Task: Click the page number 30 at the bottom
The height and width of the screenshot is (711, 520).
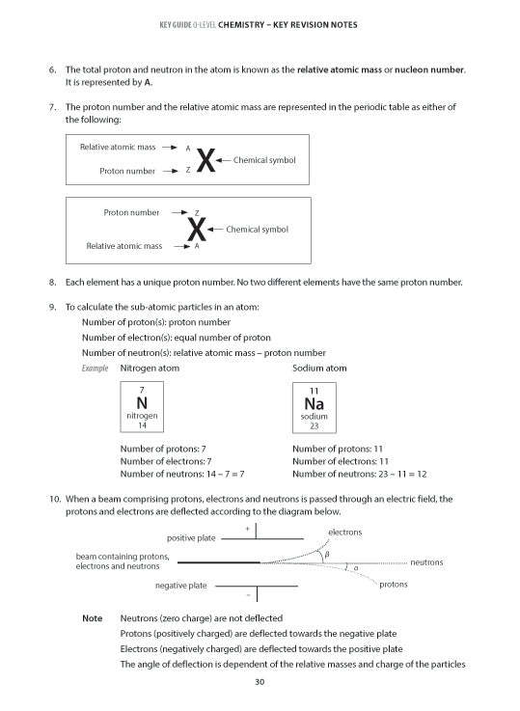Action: (x=260, y=683)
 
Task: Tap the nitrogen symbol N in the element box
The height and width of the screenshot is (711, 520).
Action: (x=142, y=402)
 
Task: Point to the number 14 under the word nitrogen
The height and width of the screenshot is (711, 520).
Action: (x=142, y=424)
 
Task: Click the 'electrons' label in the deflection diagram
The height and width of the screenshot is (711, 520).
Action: (x=344, y=533)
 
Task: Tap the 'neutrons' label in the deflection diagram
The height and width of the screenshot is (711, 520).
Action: (x=426, y=561)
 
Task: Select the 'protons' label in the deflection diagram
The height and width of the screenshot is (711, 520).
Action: (x=393, y=585)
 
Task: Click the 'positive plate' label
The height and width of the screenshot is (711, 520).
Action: (x=191, y=538)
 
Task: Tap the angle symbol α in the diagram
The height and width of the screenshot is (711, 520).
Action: (x=355, y=569)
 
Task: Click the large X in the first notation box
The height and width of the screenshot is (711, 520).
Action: (x=205, y=160)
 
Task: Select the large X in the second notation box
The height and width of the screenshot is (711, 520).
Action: (x=196, y=230)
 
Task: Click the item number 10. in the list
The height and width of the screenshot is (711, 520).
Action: (x=54, y=499)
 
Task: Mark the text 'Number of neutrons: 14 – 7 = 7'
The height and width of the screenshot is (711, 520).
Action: (x=182, y=475)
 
